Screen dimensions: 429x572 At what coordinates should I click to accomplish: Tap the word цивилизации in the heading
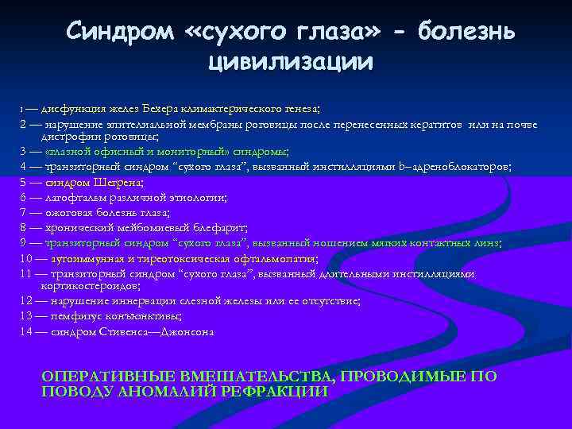[291, 60]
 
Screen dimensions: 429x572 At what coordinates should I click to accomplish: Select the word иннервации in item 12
[160, 301]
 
